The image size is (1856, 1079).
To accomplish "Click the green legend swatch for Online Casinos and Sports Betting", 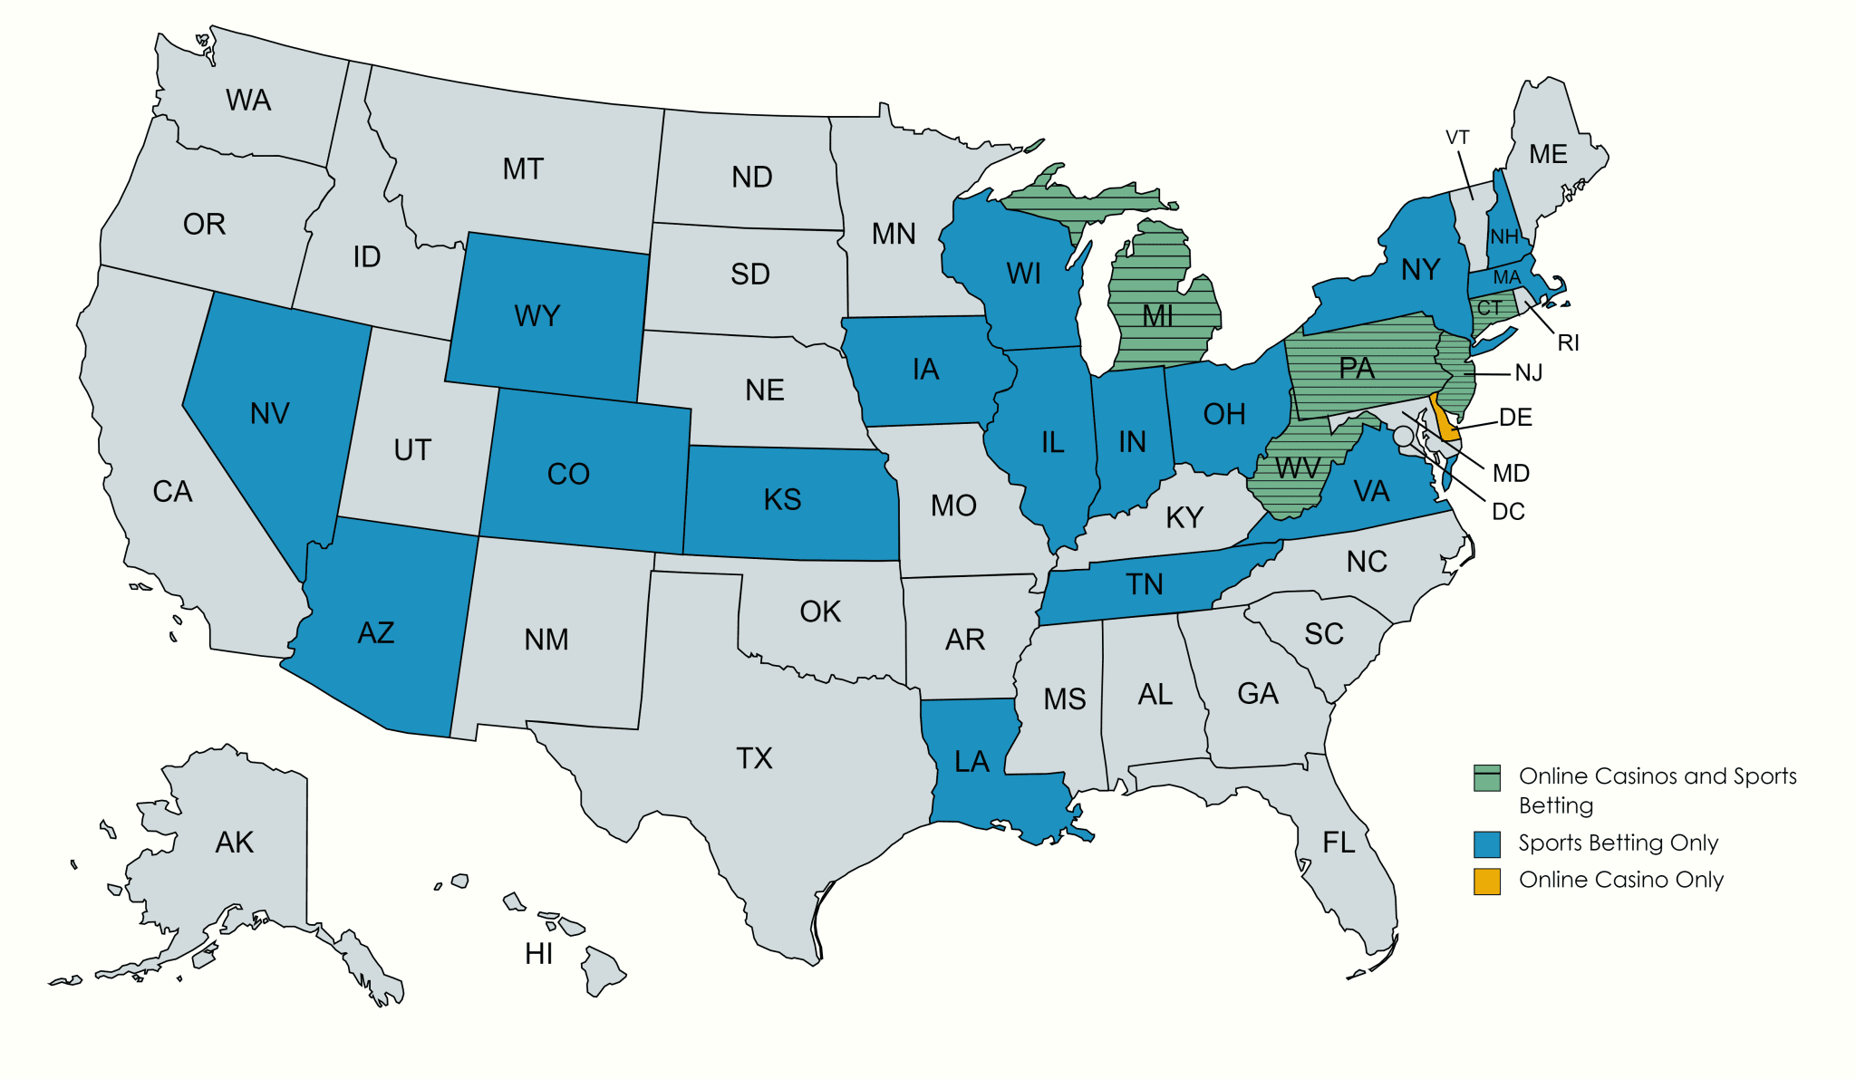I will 1486,778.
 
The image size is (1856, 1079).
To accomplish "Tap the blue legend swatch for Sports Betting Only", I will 1486,844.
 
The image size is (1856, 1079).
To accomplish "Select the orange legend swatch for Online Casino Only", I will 1486,881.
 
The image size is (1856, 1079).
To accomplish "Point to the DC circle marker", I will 1403,436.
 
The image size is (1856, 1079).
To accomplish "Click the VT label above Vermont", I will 1457,138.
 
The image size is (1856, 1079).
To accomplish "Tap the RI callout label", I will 1568,342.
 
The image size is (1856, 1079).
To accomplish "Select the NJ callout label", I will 1528,372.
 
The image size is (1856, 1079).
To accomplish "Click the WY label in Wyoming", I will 536,316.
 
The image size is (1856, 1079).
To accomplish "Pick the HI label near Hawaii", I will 538,954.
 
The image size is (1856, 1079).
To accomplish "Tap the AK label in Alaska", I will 234,843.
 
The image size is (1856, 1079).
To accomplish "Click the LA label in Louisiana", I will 971,761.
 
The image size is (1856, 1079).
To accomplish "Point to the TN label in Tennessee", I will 1144,584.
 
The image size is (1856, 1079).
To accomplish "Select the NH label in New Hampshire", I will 1504,237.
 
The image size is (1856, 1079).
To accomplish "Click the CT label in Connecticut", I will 1489,308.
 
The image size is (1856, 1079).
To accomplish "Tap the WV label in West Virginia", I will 1297,468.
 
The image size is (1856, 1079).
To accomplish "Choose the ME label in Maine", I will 1548,155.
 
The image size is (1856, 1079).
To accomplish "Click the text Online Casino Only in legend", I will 1620,880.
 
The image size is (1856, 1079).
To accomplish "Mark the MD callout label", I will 1511,473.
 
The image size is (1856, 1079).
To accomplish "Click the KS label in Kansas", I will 782,499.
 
